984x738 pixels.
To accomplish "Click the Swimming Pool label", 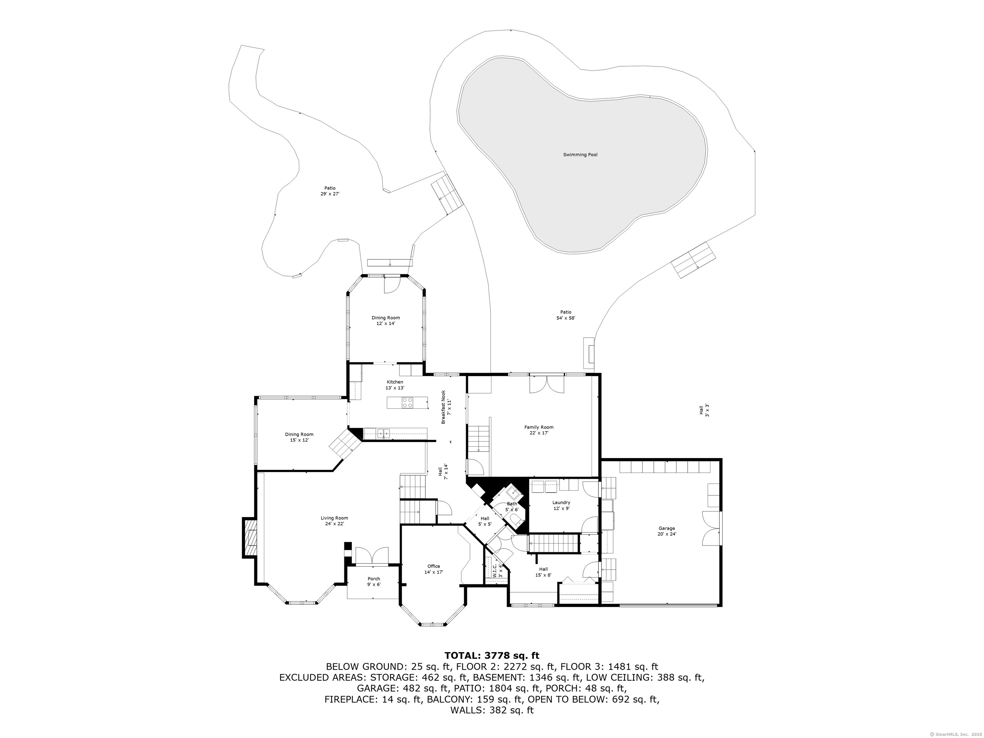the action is tap(580, 155).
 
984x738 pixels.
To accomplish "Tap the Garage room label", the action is tap(667, 531).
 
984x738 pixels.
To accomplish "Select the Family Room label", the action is tap(539, 430).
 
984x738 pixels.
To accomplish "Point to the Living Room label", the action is tap(334, 521).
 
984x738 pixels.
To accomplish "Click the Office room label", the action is tap(434, 569).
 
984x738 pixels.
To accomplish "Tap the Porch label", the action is tap(374, 581).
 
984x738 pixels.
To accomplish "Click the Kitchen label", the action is tap(395, 385).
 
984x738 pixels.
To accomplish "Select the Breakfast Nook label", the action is tap(446, 406).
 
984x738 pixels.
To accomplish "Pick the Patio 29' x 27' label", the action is tap(330, 191).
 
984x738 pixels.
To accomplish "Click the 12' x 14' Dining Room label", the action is tap(386, 320).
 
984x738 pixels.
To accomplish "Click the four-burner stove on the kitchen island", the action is tap(407, 403).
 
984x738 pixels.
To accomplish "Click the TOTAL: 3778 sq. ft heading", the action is tap(492, 655).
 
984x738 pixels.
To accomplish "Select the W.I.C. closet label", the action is tap(497, 571).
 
